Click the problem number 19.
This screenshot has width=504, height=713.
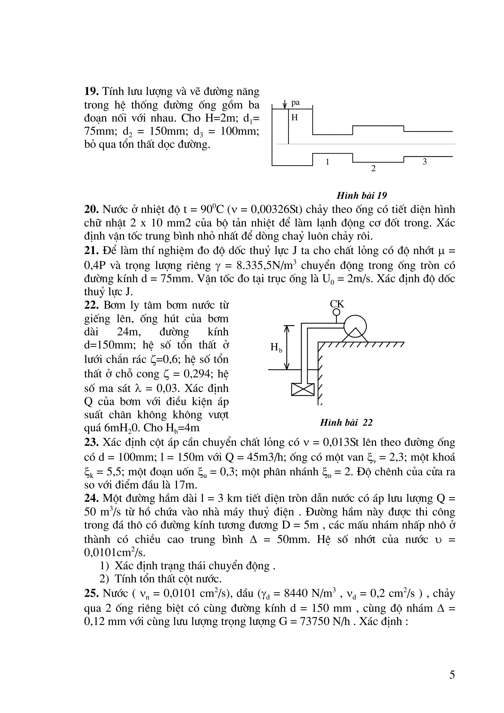(x=91, y=91)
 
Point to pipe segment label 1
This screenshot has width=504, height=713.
(x=327, y=162)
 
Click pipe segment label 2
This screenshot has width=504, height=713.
(x=373, y=169)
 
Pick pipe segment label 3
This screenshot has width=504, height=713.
(x=425, y=162)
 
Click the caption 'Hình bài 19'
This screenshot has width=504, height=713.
(x=362, y=196)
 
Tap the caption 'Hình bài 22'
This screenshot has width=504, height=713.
(x=346, y=423)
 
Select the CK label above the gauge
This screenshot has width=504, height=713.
(x=337, y=304)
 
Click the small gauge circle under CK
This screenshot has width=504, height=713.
(x=336, y=312)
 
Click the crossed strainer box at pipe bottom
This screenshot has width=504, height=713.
(x=303, y=389)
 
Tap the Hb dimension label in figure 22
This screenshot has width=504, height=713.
(x=276, y=348)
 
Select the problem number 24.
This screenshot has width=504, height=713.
(x=91, y=498)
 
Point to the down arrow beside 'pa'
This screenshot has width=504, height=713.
(x=285, y=104)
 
